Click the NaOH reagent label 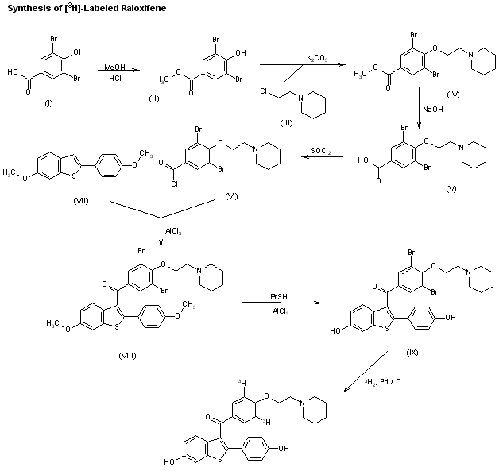[x=434, y=110]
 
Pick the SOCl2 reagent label [x=321, y=148]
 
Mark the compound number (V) [x=454, y=191]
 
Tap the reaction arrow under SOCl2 [x=321, y=157]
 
